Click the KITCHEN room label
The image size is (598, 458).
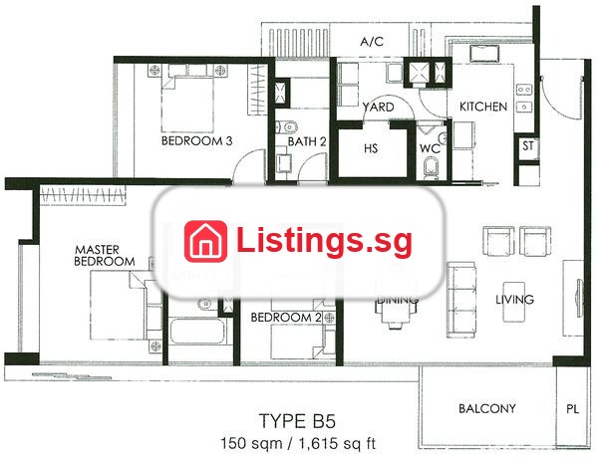coord(482,107)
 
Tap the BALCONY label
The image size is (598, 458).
coord(487,409)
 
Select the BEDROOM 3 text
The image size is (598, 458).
coord(196,141)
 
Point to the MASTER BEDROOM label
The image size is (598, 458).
coord(105,256)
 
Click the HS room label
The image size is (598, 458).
coord(371,147)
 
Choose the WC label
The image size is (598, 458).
coord(430,148)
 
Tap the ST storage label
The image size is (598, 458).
coord(528,145)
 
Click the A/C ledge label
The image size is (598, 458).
coord(372,41)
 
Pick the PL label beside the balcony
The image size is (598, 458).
coord(572,409)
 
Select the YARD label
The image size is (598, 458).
coord(379,108)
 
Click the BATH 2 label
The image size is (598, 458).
coord(307,141)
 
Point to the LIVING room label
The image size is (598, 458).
coord(514,300)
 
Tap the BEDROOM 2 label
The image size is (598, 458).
coord(286,318)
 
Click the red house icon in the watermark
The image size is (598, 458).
coord(205,242)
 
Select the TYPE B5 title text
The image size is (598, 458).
coord(297,421)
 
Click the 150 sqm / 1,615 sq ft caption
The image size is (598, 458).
coord(298,443)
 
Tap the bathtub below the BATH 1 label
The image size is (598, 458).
coord(196,331)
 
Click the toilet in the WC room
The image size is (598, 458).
coord(432,168)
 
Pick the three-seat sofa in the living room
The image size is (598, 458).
coord(461,300)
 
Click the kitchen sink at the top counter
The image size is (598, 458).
coord(484,53)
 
